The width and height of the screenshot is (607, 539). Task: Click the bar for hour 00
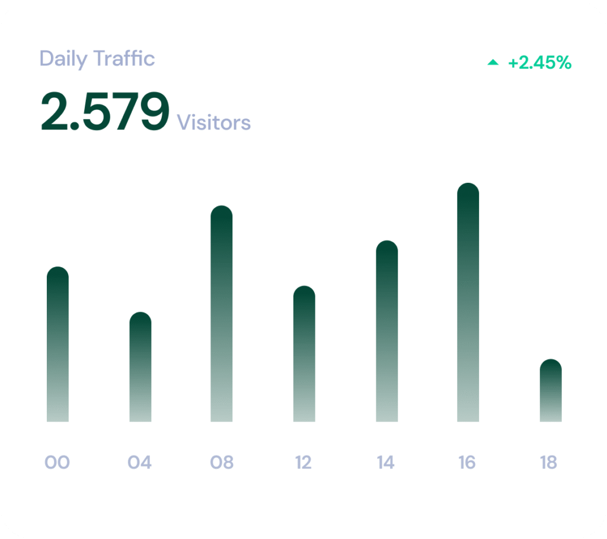tap(57, 344)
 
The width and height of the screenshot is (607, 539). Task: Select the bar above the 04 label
tap(140, 367)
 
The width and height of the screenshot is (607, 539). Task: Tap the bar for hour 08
tap(222, 313)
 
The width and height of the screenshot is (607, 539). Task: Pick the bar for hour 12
tap(304, 354)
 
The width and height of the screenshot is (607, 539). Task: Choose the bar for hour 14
tap(386, 331)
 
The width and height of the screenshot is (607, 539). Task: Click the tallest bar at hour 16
tap(468, 303)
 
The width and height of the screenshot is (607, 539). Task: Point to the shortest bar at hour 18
tap(551, 391)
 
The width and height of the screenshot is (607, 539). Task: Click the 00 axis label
tap(57, 462)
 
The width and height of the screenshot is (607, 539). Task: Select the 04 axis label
tap(140, 462)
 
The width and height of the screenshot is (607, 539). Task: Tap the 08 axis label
tap(222, 462)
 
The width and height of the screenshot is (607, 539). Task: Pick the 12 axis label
tap(303, 462)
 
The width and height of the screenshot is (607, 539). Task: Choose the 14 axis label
tap(386, 462)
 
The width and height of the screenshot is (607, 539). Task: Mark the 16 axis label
tap(467, 462)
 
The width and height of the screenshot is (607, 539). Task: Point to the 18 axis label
tap(549, 462)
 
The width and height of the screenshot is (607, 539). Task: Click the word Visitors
tap(214, 122)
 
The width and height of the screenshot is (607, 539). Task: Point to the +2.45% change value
tap(539, 63)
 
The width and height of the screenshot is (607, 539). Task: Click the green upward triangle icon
tap(493, 62)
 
